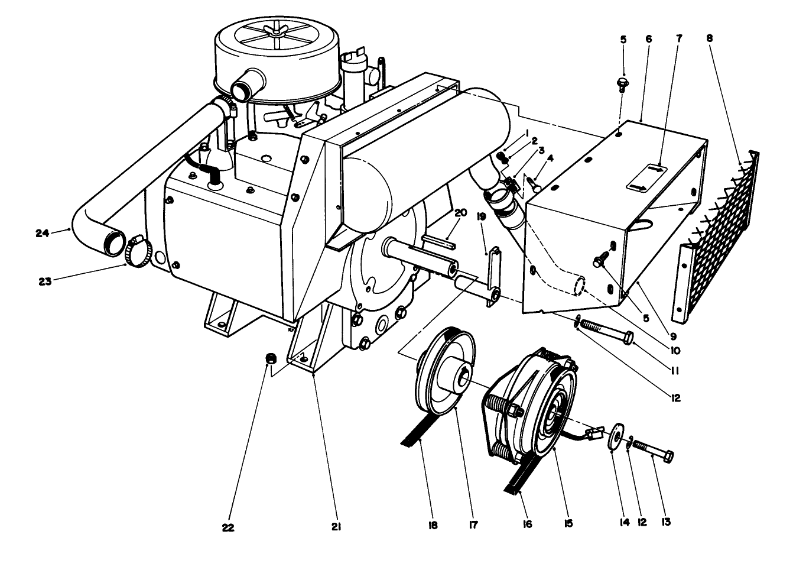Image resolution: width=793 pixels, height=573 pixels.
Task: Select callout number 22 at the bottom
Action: [227, 528]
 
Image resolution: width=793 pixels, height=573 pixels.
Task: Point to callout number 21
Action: [337, 526]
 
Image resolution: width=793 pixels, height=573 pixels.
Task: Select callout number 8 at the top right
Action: [710, 38]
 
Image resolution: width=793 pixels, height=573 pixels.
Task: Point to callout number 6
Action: [648, 38]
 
